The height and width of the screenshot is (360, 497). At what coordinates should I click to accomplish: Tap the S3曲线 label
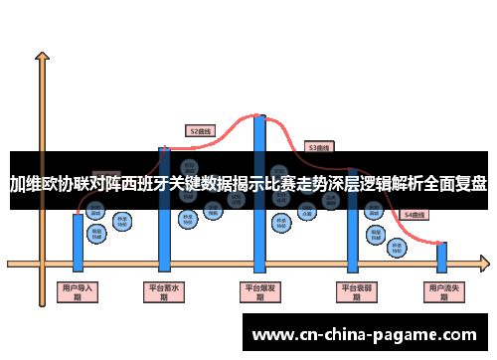click(x=318, y=147)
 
